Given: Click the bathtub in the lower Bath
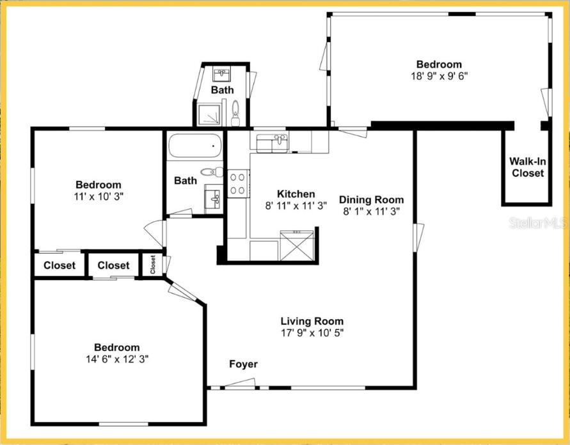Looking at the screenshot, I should coord(195,146).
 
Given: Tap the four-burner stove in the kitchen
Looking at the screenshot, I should coord(238,183).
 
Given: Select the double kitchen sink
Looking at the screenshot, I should coord(273,142).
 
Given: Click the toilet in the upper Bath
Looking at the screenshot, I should coord(235,113).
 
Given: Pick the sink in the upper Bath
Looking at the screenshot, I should coord(222,74).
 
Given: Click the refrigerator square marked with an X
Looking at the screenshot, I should coord(298,246).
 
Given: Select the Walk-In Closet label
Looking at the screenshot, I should coord(527,168).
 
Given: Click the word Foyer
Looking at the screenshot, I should coord(243,364).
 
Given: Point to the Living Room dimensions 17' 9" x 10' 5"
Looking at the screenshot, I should coord(312,332).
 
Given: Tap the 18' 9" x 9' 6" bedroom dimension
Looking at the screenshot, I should coord(439,75).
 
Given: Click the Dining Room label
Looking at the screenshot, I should coord(371,199).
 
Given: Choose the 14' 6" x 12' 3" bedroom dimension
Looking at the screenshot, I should coord(117,359).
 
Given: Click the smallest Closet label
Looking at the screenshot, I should coord(153,264).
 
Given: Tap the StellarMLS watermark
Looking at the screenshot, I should coord(537,223).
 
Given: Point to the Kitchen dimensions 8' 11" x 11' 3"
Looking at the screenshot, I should coord(296,206).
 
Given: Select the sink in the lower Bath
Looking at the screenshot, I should coord(214,198).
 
